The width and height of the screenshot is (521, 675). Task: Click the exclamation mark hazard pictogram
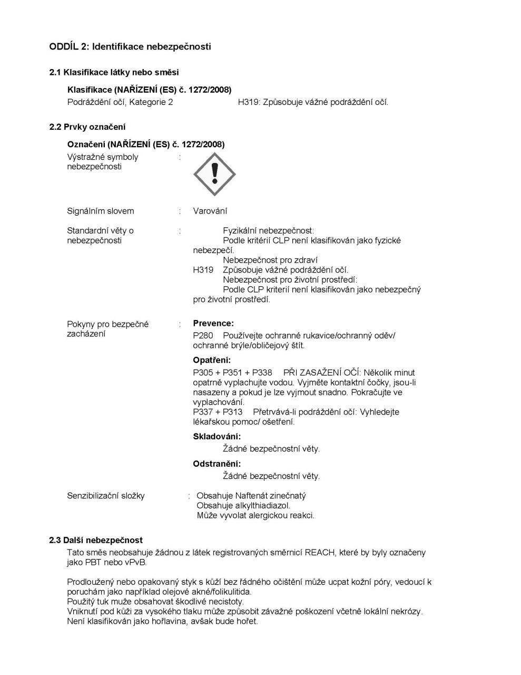(214, 174)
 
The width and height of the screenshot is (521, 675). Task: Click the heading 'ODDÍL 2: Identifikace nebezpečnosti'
(130, 46)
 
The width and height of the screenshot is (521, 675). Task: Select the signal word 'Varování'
(210, 211)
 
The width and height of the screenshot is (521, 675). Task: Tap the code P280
(203, 335)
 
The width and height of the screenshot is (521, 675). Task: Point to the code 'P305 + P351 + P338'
(232, 372)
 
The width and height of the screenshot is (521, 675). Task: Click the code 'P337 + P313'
(218, 412)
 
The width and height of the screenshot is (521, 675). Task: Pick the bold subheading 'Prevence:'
(213, 323)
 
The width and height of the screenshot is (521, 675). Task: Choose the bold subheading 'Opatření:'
(212, 360)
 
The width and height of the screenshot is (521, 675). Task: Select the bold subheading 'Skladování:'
(217, 436)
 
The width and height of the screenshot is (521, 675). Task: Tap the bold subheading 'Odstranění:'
(217, 464)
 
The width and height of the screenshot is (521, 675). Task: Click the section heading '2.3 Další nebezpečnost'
(96, 540)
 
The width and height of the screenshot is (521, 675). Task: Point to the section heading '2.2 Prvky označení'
(87, 127)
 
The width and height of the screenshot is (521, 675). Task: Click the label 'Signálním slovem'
(101, 211)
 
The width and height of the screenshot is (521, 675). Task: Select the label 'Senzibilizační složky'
(106, 496)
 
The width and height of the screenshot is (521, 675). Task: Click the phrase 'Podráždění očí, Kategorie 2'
(120, 102)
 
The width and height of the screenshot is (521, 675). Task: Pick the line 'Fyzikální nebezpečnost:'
(268, 230)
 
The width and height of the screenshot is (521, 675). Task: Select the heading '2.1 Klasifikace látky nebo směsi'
(114, 72)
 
